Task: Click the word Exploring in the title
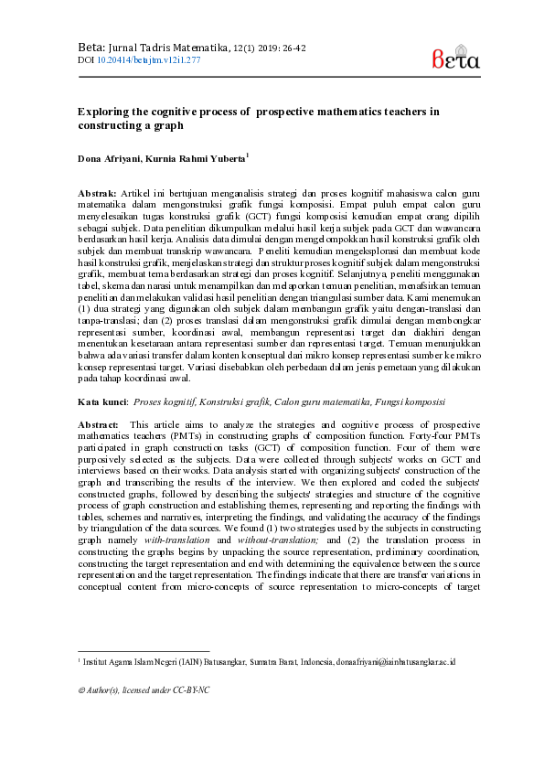103,111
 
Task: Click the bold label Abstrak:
98,194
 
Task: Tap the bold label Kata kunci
102,401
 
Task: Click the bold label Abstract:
99,424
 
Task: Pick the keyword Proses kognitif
165,401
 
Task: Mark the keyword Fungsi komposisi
409,401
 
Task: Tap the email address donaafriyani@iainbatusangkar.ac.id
396,660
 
